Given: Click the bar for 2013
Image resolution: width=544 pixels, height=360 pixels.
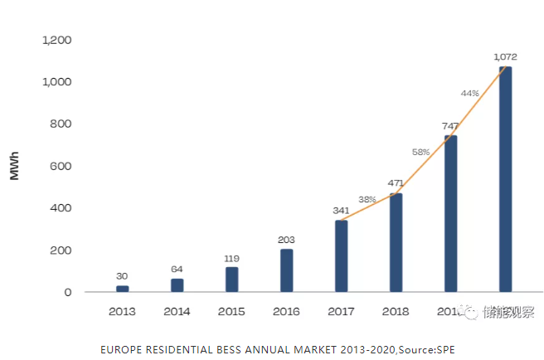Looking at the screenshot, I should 123,289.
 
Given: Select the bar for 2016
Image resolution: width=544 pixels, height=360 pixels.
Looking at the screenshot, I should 287,270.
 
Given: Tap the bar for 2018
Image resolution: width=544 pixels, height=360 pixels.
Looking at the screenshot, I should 396,242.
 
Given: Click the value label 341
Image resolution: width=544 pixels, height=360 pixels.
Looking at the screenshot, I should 341,211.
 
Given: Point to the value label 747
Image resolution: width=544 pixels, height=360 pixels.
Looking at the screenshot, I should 450,125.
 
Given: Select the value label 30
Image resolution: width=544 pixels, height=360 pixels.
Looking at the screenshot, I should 123,276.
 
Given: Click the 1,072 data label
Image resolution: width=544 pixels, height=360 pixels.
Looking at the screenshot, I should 505,56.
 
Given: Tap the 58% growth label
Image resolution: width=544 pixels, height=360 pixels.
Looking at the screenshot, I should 420,152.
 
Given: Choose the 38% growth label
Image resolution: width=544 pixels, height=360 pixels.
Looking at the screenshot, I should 367,199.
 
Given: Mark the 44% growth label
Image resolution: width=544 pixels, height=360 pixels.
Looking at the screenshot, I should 470,93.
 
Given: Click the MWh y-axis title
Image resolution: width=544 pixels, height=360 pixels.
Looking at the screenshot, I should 15,166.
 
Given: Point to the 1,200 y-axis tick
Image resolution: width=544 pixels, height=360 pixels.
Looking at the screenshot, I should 57,40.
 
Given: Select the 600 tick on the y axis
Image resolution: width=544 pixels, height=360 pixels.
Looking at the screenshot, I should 61,166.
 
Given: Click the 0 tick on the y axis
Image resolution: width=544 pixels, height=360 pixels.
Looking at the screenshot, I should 68,292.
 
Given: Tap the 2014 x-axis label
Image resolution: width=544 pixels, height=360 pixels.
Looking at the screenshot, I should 177,312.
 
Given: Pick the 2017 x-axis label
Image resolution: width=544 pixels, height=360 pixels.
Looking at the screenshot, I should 341,312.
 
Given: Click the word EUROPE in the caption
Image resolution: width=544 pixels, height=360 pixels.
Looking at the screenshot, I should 119,349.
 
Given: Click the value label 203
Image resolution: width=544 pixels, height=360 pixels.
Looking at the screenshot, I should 287,240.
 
